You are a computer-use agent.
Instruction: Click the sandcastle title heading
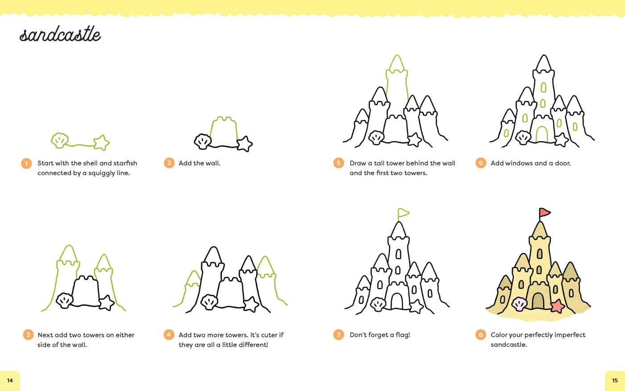[60, 34]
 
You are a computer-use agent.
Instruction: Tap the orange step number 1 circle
[26, 164]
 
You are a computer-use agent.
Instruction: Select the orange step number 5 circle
[338, 163]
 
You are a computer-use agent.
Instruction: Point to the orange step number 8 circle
[480, 335]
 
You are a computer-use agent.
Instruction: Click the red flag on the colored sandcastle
[544, 213]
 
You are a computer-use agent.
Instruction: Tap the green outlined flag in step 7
[403, 214]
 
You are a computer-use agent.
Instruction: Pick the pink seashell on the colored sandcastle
[519, 304]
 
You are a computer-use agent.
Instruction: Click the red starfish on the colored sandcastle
[557, 306]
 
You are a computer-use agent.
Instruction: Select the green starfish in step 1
[101, 143]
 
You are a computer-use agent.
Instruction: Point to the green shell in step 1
[59, 140]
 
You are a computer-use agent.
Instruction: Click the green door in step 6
[542, 135]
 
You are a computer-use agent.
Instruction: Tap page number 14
[10, 380]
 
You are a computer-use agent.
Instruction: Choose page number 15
[615, 380]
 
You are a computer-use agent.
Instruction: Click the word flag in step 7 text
[403, 335]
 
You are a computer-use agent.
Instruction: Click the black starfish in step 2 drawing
[245, 144]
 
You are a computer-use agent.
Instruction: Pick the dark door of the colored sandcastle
[537, 301]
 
